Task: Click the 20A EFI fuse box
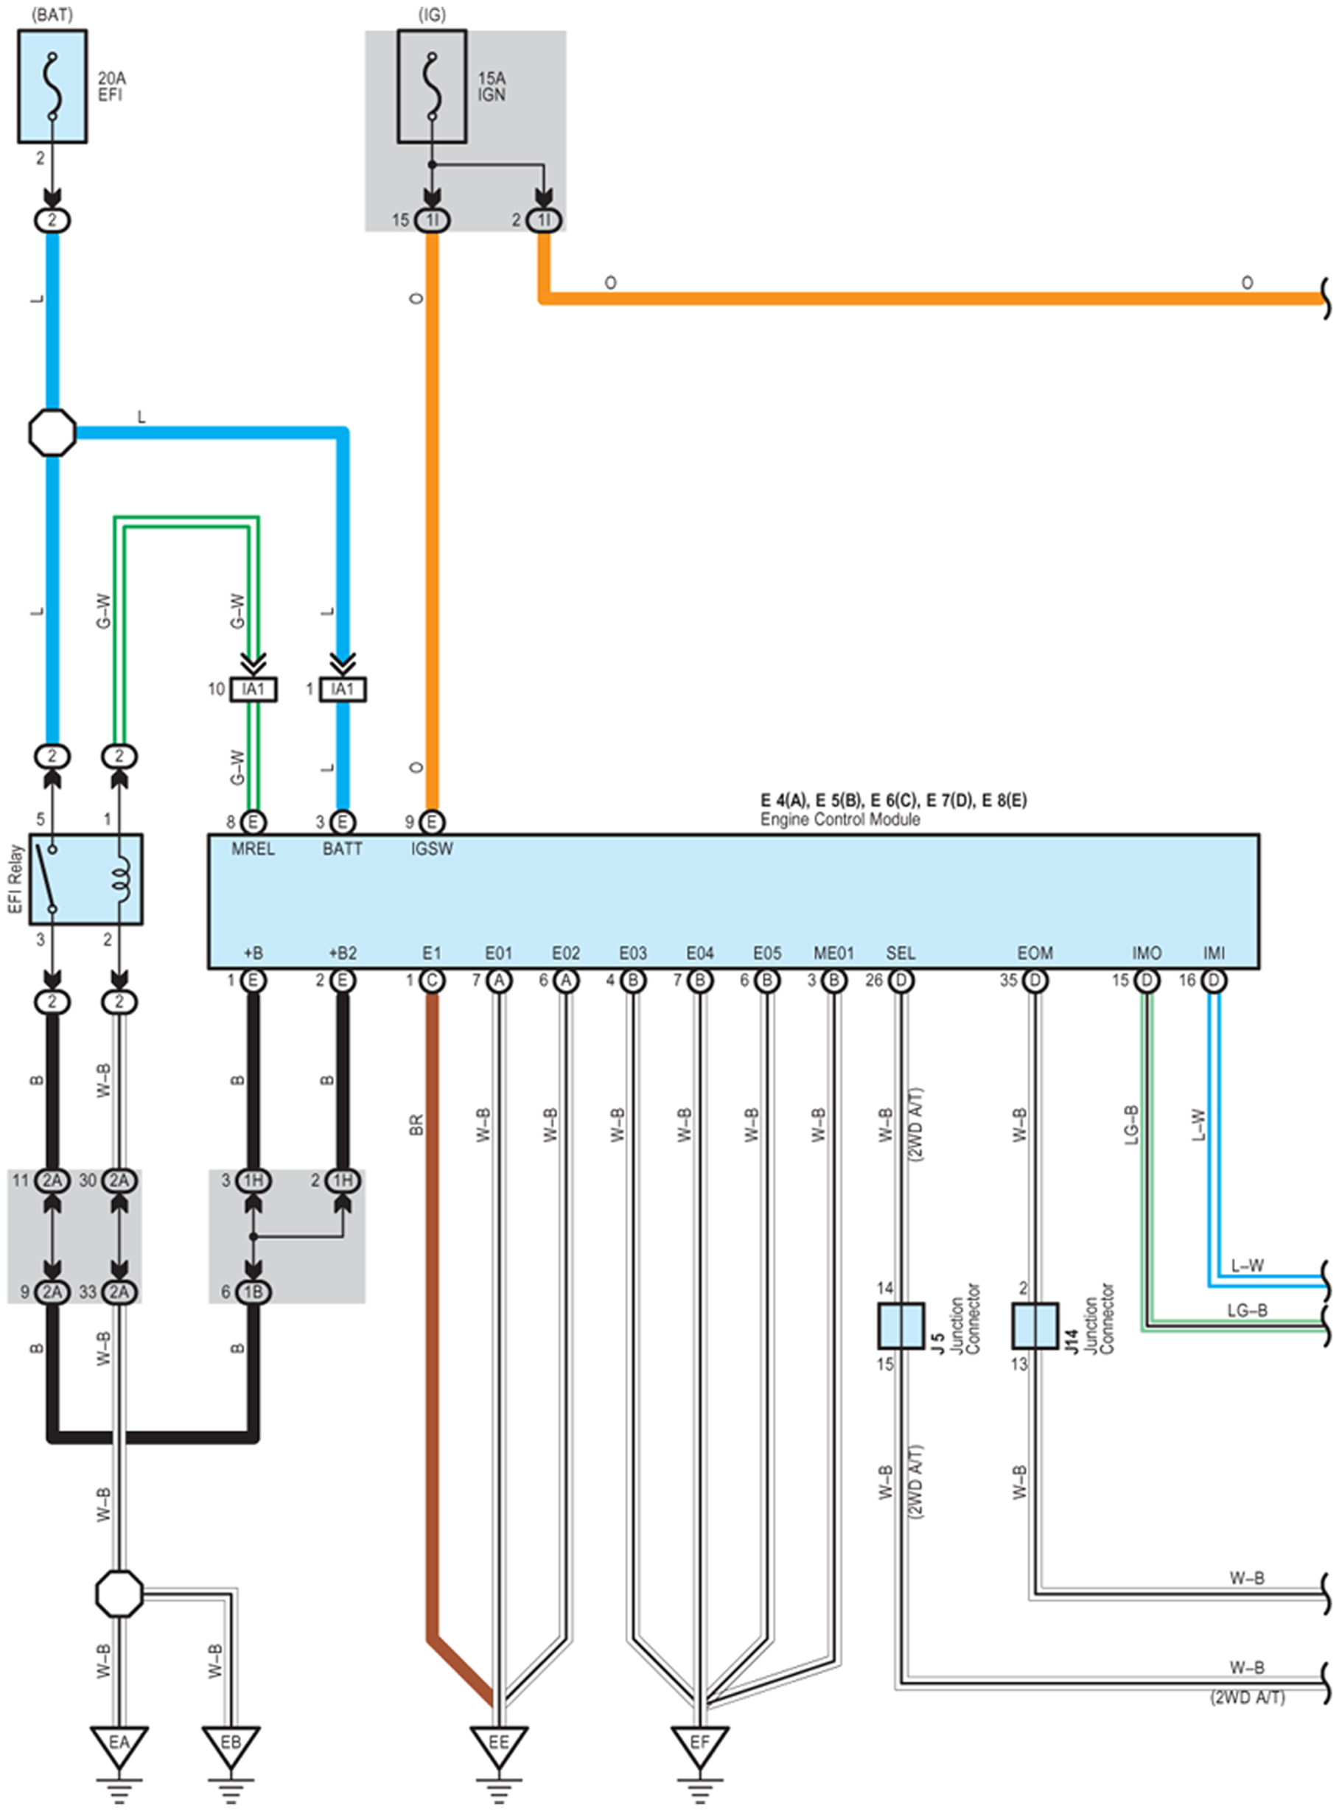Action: coord(52,87)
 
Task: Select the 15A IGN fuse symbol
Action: coord(432,87)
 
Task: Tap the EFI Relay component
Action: coord(86,879)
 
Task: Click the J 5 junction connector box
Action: coord(901,1325)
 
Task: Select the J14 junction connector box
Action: coord(1035,1325)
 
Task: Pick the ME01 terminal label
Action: coord(833,953)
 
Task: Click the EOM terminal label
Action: coord(1035,953)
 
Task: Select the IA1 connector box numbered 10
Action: coord(254,689)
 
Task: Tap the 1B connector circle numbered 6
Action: coord(254,1292)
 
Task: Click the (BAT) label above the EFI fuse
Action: coord(52,15)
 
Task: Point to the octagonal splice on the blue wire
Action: coord(52,432)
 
